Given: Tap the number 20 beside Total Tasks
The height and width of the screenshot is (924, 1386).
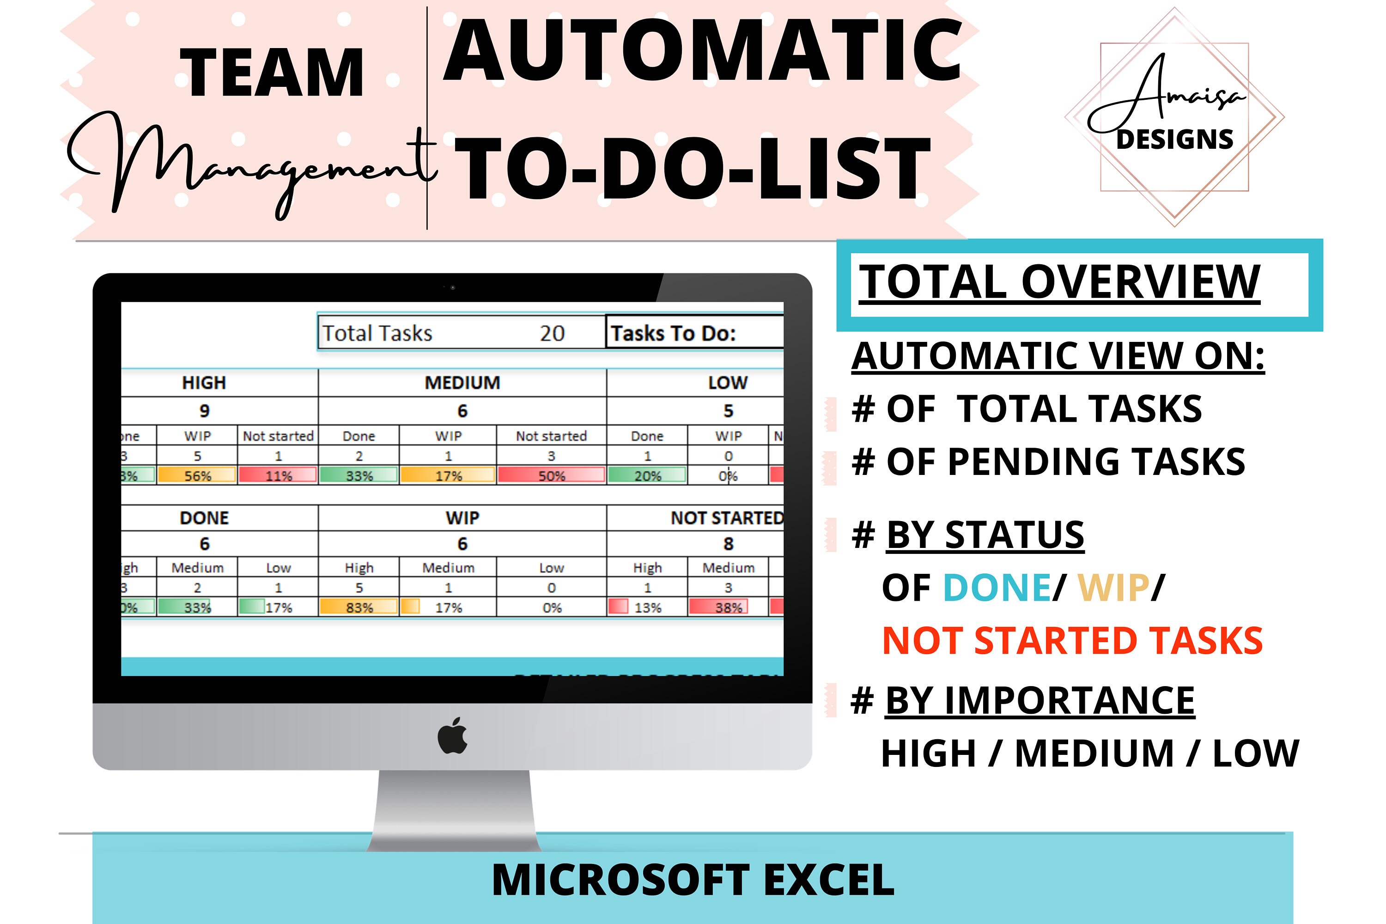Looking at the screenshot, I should pyautogui.click(x=552, y=334).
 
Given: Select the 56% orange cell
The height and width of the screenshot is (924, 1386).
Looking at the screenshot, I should pyautogui.click(x=197, y=475).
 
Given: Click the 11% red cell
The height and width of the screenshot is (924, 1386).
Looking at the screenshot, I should pyautogui.click(x=278, y=475).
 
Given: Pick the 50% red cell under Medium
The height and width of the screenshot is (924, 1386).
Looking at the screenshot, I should pyautogui.click(x=552, y=475).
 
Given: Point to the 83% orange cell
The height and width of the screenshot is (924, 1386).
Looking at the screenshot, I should pyautogui.click(x=359, y=607).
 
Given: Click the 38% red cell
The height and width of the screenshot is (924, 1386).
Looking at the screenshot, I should pyautogui.click(x=729, y=607).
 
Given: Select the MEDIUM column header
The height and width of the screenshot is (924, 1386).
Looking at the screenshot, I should pyautogui.click(x=462, y=383).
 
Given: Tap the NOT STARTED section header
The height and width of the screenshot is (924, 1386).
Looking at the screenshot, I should pyautogui.click(x=727, y=518).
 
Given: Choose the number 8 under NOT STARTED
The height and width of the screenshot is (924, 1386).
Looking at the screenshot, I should pyautogui.click(x=729, y=543).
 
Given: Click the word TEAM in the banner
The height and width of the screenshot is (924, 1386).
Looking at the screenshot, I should pyautogui.click(x=272, y=73).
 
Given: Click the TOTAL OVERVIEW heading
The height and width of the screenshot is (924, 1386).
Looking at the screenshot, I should pyautogui.click(x=1059, y=282).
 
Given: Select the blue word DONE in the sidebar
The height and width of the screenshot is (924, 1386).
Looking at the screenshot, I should pyautogui.click(x=997, y=588).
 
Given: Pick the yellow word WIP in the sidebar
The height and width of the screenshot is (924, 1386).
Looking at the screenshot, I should pyautogui.click(x=1113, y=588).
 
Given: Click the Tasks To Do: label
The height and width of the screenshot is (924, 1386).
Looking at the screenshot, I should pyautogui.click(x=673, y=334).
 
